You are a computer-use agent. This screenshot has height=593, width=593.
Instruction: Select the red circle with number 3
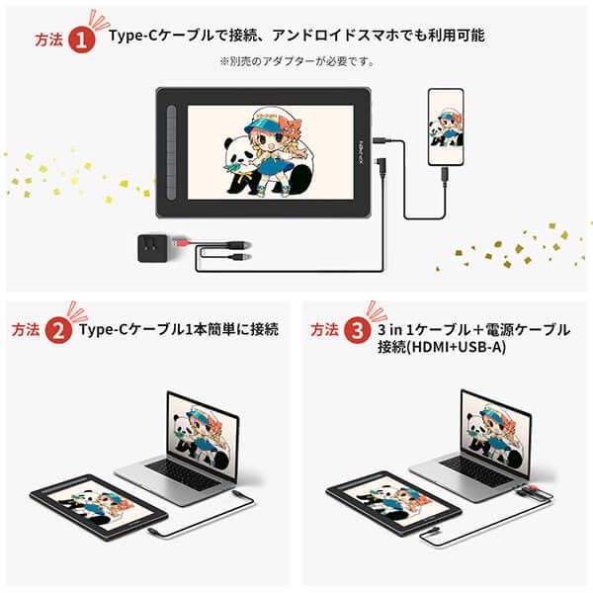click(356, 331)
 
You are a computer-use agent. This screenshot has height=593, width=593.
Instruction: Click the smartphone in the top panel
click(444, 127)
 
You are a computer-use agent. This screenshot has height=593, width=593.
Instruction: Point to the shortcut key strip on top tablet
click(175, 148)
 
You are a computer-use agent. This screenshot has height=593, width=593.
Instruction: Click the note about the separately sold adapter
click(296, 61)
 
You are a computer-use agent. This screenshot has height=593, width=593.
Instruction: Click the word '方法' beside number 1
click(47, 40)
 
